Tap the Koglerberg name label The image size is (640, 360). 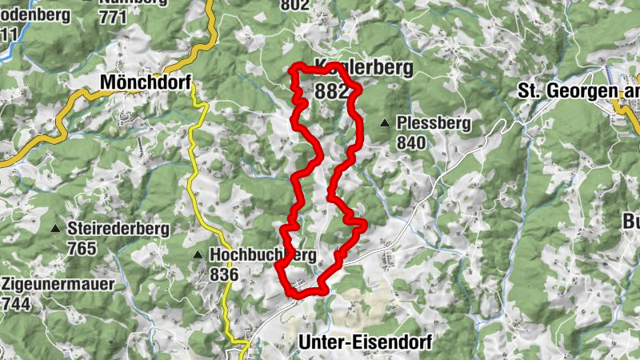pos(365,68)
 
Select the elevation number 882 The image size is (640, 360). pos(332,91)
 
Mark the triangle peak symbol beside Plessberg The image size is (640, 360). pos(385,123)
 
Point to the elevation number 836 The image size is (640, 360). pos(224,274)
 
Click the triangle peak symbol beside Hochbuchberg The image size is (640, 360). pos(198,255)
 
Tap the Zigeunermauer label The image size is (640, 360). pos(58,284)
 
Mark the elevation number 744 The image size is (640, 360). pos(18,303)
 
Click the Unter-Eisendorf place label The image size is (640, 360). pos(364,342)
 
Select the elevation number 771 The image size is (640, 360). pos(112,17)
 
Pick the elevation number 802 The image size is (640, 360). pos(295,5)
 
